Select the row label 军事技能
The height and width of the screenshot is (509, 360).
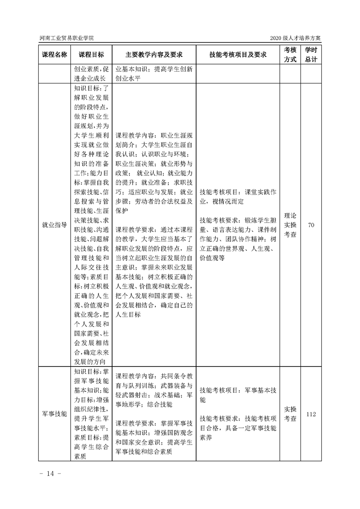pos(54,414)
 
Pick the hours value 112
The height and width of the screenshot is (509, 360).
pos(311,414)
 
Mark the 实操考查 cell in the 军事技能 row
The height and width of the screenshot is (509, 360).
pos(290,414)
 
